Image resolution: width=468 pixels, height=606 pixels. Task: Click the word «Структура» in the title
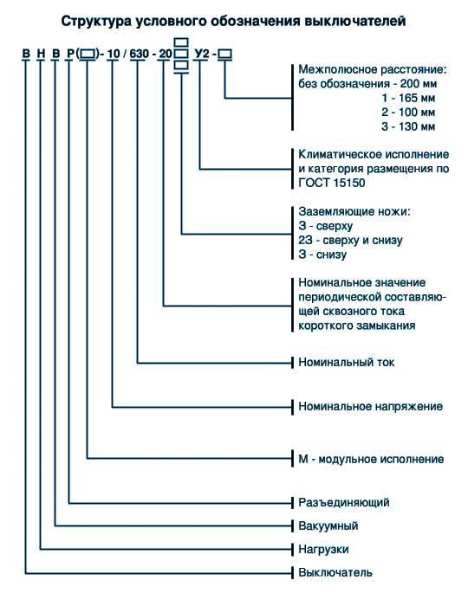(x=96, y=22)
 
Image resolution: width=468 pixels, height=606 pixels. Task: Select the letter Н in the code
(x=41, y=54)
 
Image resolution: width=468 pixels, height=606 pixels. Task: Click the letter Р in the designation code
(x=70, y=54)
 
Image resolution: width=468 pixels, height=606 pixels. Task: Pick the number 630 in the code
(x=140, y=54)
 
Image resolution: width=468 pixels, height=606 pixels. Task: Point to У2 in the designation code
(x=202, y=54)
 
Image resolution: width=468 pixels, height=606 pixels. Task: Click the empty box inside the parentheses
(x=88, y=54)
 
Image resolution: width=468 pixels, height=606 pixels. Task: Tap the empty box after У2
(x=224, y=54)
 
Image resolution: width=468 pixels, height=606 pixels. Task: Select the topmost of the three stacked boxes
(x=181, y=42)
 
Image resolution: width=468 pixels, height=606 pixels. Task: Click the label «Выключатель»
(x=335, y=572)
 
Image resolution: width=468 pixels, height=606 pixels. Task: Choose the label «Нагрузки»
(x=323, y=549)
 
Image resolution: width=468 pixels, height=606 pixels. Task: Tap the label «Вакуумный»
(x=328, y=526)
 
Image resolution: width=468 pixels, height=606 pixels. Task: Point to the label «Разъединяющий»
(x=344, y=502)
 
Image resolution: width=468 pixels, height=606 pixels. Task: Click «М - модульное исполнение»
(x=371, y=459)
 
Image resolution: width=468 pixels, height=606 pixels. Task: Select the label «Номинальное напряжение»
(x=370, y=407)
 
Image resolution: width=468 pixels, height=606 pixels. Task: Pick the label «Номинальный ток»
(x=346, y=363)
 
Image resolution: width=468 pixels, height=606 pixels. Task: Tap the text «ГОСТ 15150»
(x=331, y=183)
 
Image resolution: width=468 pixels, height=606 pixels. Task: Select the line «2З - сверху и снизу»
(x=350, y=241)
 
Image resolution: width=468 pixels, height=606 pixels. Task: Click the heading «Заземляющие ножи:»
(x=354, y=212)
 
